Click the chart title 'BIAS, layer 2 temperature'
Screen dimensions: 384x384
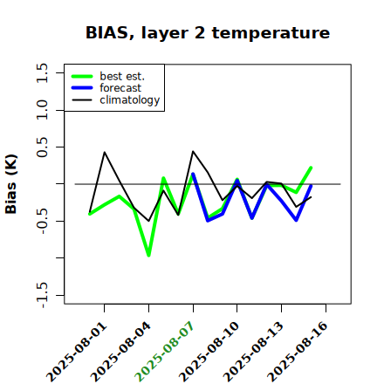[x=208, y=33]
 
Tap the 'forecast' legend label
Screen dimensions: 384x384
[x=120, y=88]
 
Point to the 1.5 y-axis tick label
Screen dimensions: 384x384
[x=42, y=72]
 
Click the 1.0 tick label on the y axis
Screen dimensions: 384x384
[x=42, y=110]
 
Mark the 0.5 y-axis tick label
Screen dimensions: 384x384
[x=42, y=147]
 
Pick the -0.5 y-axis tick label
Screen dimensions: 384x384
[x=42, y=222]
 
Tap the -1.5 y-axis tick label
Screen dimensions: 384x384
[x=42, y=295]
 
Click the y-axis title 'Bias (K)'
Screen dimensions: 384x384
[x=11, y=184]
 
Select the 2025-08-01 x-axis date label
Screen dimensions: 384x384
[x=77, y=352]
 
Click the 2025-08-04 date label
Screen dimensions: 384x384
[x=121, y=352]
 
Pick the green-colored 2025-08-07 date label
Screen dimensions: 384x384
[x=165, y=352]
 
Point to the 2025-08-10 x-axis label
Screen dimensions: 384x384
[x=209, y=352]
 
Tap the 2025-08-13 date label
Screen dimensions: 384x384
[x=254, y=352]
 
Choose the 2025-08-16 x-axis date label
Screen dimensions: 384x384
[x=298, y=352]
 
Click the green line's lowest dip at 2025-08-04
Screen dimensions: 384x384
[x=148, y=256]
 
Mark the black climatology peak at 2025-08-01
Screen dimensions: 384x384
[x=105, y=152]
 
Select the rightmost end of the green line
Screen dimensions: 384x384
[x=311, y=168]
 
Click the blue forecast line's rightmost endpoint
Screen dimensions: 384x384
[x=311, y=186]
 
